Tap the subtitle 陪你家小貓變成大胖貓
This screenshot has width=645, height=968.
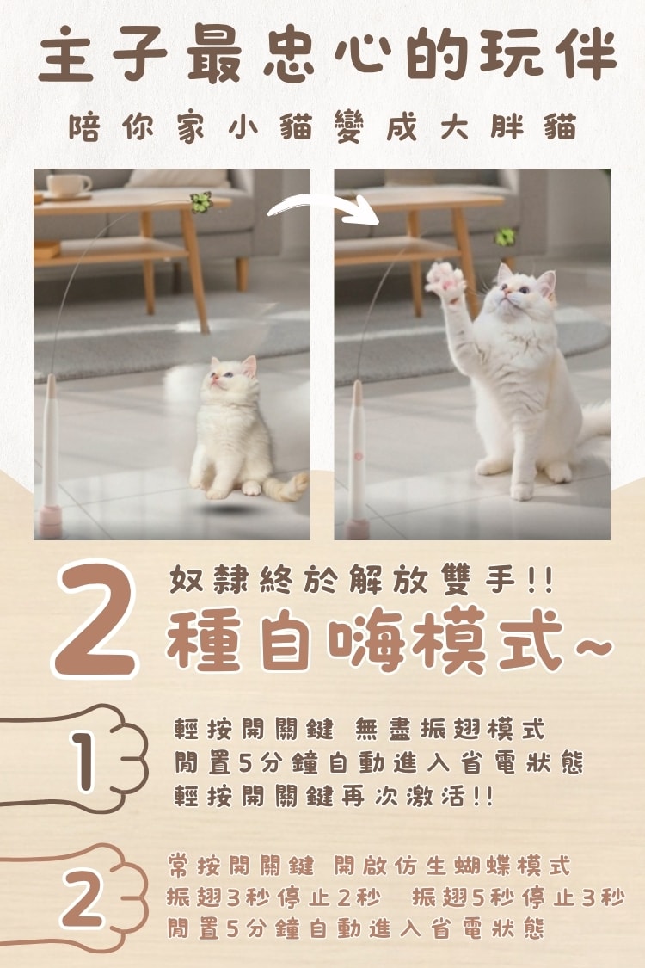(x=322, y=128)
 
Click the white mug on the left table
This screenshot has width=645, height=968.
(x=69, y=185)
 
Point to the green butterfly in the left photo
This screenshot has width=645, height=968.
(x=200, y=203)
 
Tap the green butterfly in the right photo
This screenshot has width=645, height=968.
(x=505, y=236)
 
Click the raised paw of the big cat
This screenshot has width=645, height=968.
(x=445, y=281)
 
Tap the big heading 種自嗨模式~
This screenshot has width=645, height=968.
(x=387, y=640)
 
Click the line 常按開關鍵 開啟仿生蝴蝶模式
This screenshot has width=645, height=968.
(x=368, y=865)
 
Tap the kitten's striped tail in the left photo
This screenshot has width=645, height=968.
(x=288, y=488)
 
